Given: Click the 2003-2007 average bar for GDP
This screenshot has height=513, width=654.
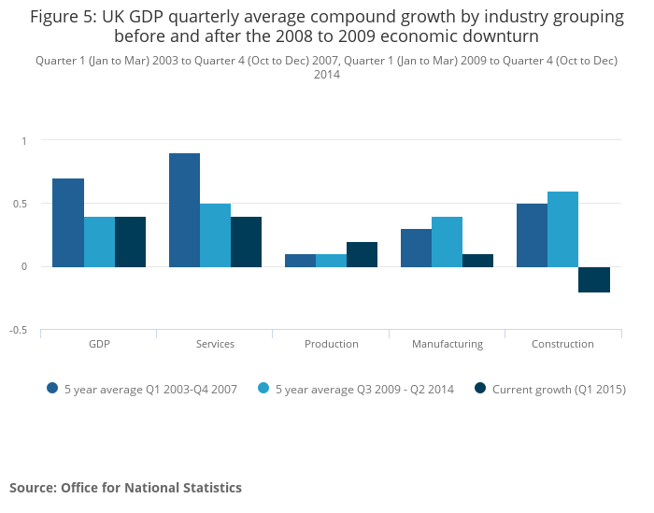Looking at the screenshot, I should click(x=68, y=222).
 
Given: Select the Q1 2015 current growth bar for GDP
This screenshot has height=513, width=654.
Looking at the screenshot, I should click(x=130, y=242).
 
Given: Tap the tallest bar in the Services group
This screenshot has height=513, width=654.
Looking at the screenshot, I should click(x=184, y=210).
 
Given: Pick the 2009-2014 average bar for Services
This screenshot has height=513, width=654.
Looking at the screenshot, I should click(x=215, y=235).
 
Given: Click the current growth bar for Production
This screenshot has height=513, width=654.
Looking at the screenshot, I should click(x=362, y=254).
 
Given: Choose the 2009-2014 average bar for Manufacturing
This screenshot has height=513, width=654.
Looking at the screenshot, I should click(x=447, y=242).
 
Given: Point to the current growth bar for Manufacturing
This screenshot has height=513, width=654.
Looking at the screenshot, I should click(x=477, y=261).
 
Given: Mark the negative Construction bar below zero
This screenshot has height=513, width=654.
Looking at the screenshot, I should click(x=593, y=279).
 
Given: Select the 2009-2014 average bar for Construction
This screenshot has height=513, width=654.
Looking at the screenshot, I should click(x=562, y=229).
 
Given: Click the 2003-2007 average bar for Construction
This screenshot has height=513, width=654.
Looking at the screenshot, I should click(x=532, y=235).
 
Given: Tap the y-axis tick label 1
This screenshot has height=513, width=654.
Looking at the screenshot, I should click(x=25, y=140).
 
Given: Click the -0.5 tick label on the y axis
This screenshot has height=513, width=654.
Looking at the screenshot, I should click(x=18, y=330).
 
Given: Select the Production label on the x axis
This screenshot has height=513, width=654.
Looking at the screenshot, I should click(x=331, y=344).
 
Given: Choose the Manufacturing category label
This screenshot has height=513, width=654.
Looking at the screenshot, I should click(x=447, y=344).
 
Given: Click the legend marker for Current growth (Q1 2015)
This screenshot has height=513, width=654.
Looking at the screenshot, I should click(x=480, y=389).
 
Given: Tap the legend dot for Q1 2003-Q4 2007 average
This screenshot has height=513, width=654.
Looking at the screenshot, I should click(x=52, y=389).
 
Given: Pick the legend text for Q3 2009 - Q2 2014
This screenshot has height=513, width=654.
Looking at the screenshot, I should click(x=377, y=389).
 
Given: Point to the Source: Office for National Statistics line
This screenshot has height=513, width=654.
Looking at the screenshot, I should click(x=125, y=488).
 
